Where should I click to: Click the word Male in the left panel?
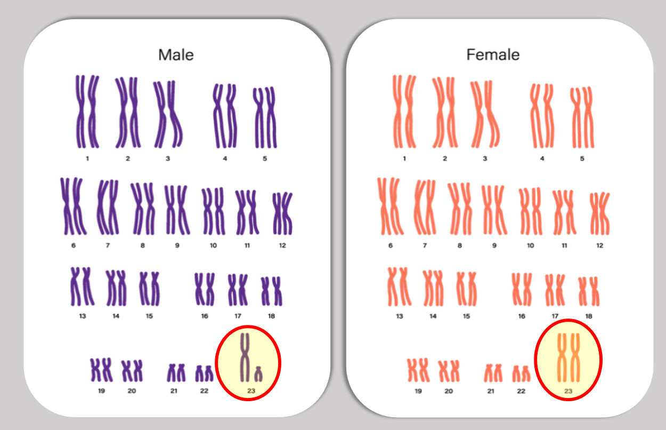(176, 54)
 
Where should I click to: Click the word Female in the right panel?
(493, 54)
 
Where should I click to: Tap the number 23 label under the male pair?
(251, 391)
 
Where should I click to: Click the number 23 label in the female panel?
(568, 391)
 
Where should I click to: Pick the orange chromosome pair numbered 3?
(485, 114)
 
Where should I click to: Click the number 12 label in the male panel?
(282, 245)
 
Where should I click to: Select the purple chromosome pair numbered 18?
(271, 291)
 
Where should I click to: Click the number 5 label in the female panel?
(582, 158)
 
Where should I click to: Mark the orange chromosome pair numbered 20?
(448, 371)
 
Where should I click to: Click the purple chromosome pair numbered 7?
(107, 208)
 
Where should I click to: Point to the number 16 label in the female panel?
(521, 316)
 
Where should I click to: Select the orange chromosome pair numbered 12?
(600, 213)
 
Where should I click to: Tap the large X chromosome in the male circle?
(245, 357)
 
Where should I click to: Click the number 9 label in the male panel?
(177, 245)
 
